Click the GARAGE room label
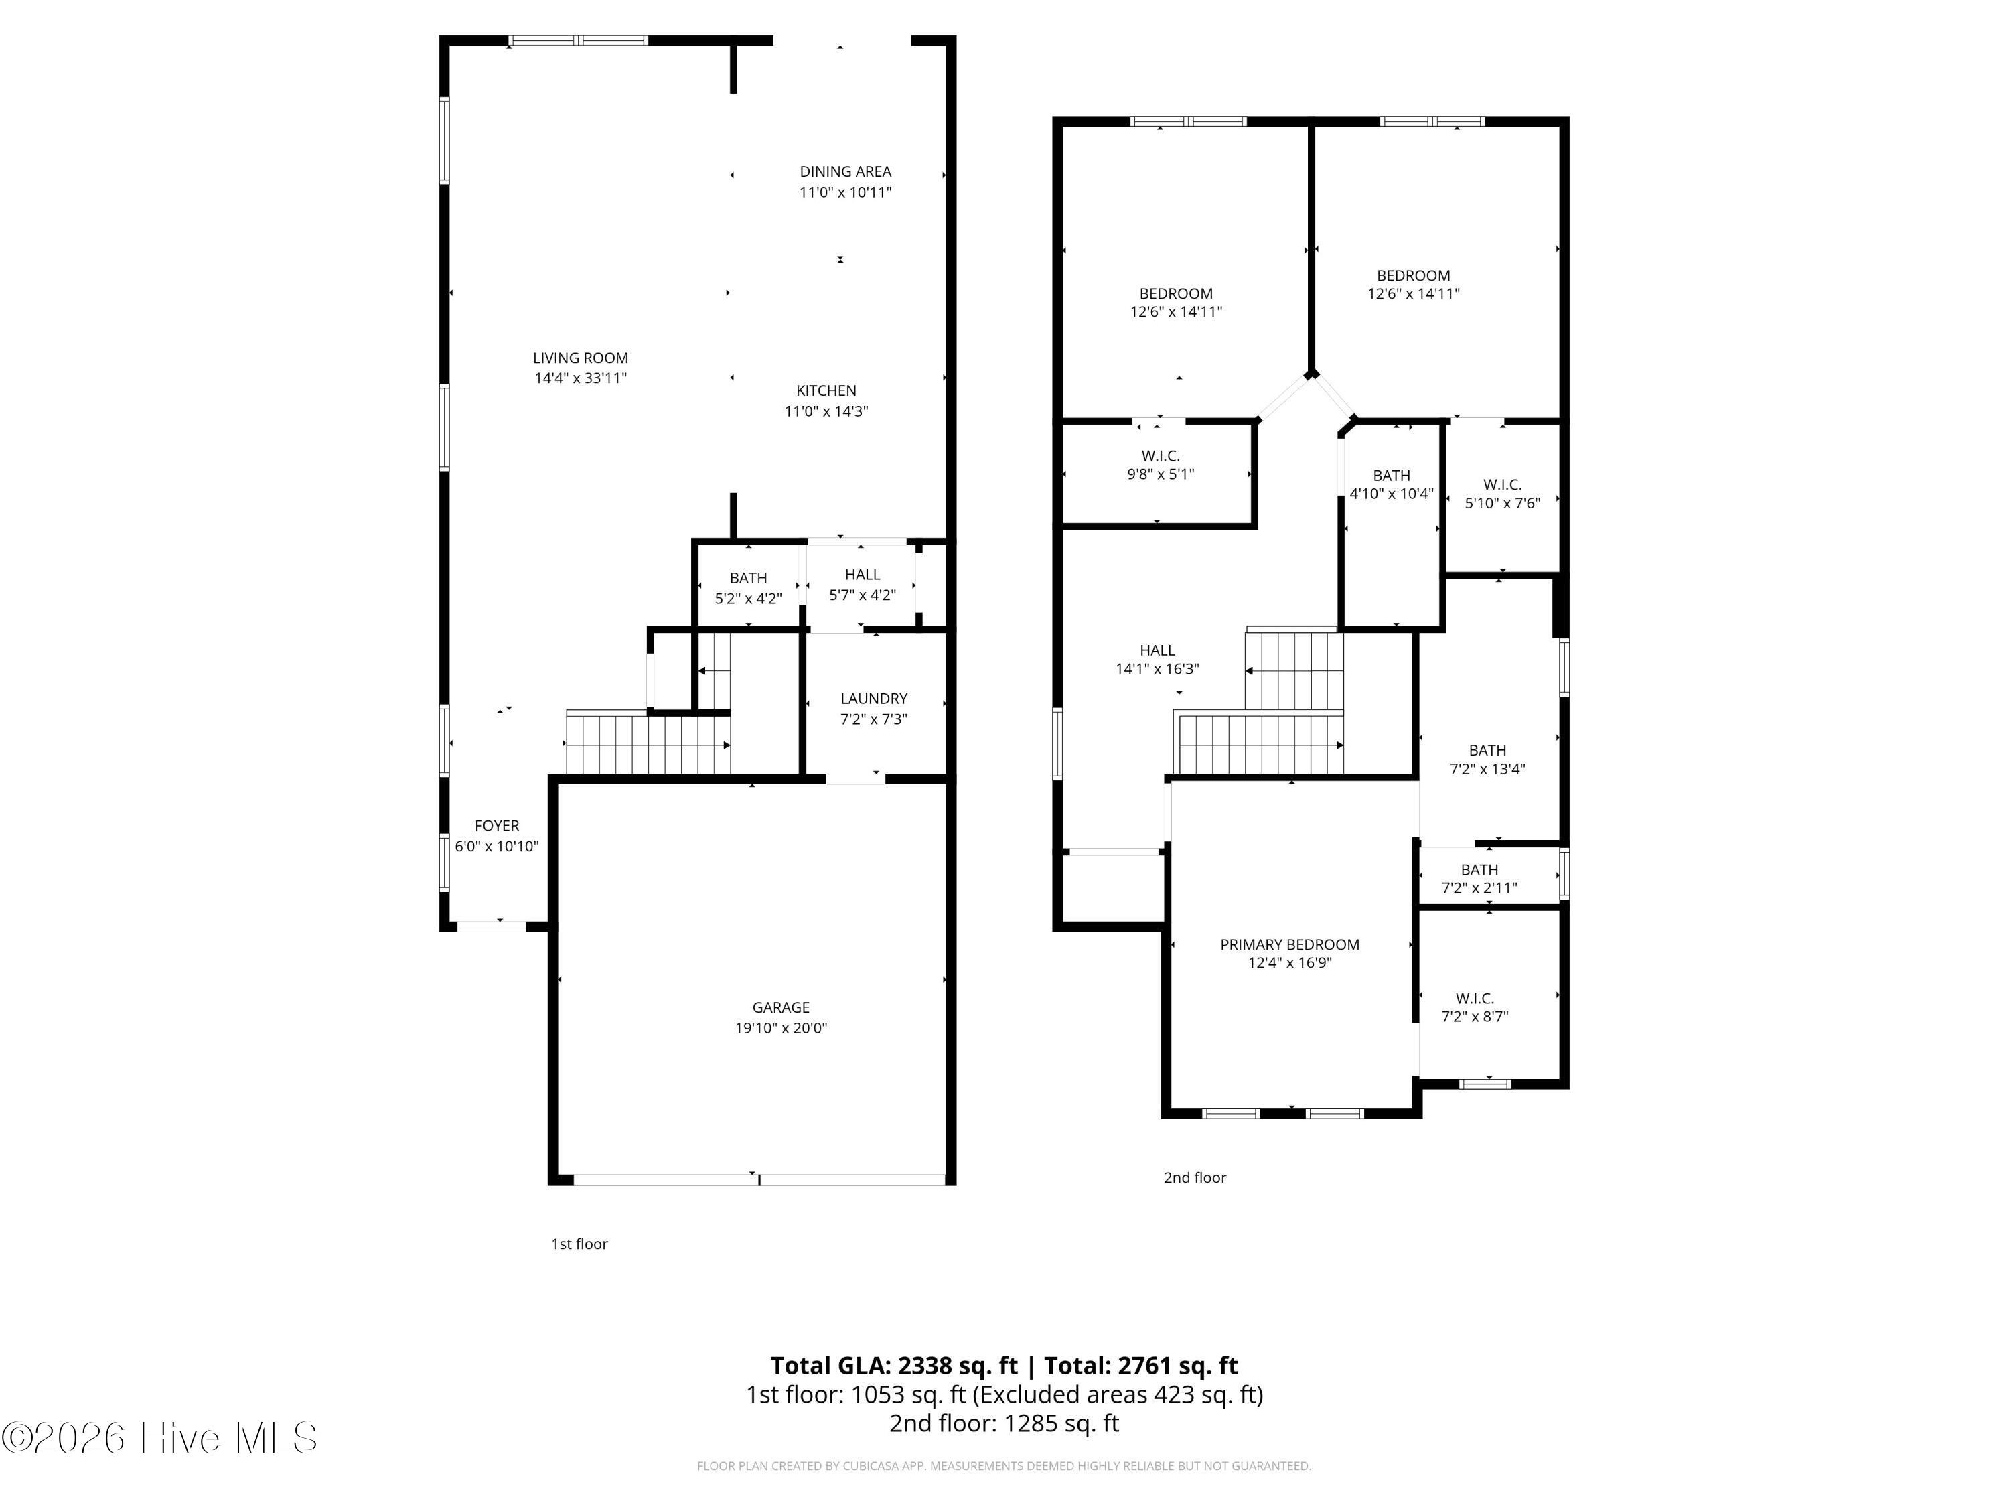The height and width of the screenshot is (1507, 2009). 780,1007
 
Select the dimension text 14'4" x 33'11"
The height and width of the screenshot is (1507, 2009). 581,378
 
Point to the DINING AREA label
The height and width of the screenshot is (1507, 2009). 844,171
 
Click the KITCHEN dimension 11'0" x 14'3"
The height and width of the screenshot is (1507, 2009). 826,411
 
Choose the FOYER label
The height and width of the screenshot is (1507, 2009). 497,826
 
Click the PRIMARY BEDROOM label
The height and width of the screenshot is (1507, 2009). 1289,944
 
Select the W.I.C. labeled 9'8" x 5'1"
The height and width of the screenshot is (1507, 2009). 1160,464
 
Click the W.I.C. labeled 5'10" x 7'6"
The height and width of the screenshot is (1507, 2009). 1502,493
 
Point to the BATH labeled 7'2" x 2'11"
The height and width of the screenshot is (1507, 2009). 1479,878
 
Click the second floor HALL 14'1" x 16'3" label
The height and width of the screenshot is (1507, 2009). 1157,660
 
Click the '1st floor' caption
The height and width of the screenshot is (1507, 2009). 579,1244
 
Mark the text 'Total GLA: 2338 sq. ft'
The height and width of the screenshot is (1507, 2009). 894,1365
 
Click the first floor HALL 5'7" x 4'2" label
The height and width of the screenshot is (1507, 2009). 862,584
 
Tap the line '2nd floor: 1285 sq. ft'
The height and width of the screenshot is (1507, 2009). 1004,1423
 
